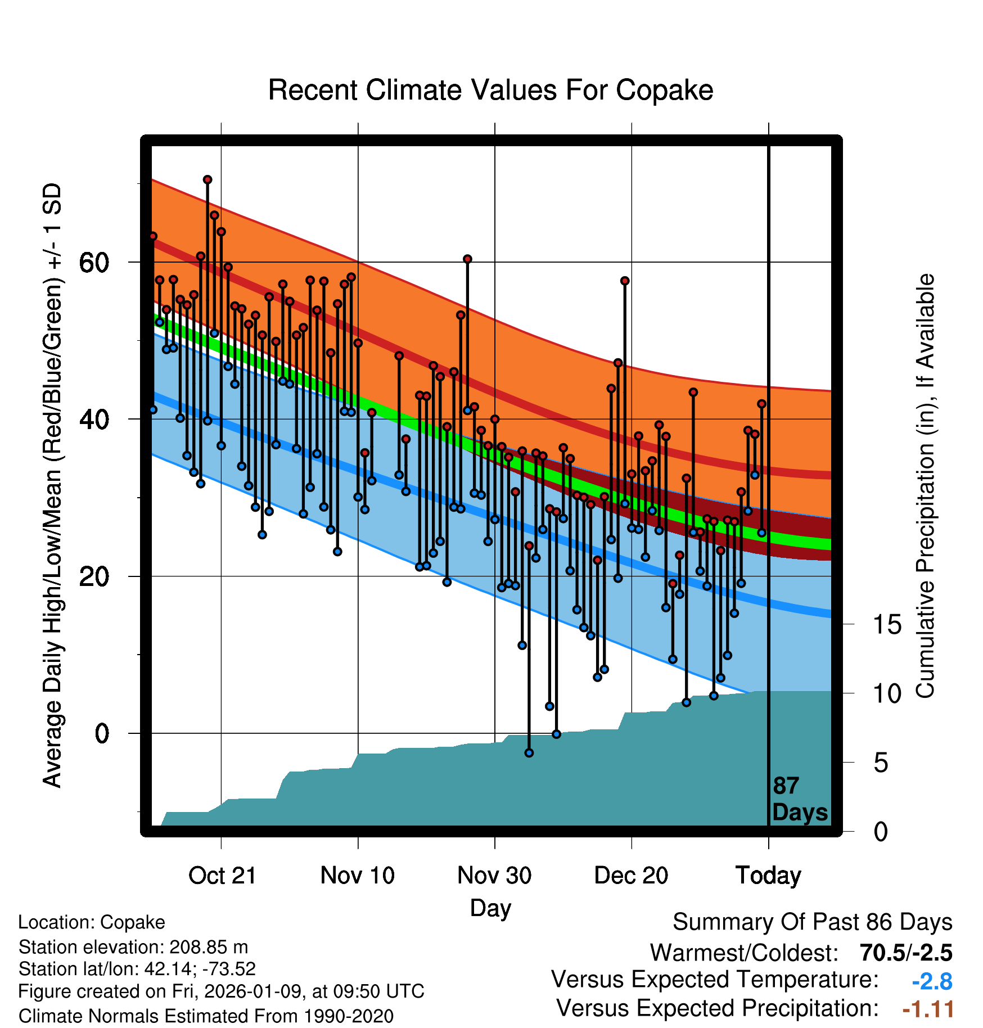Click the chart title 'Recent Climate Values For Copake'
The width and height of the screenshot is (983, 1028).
coord(490,90)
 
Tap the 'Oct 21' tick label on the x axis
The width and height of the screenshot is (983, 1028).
coord(222,876)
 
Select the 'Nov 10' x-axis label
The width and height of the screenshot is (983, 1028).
coord(358,876)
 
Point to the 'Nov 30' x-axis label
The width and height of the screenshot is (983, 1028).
coord(494,876)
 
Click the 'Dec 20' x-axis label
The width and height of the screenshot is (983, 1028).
coord(631,876)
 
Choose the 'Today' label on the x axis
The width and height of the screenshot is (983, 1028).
coord(768,876)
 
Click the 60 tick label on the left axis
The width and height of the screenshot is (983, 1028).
coord(94,262)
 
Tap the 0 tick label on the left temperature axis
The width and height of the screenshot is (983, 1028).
coord(102,733)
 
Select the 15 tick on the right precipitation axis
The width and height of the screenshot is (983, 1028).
coord(887,625)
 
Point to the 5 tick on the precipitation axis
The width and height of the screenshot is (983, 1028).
coord(881,763)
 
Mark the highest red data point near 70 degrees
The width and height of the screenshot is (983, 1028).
coord(208,180)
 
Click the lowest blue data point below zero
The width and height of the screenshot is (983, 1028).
coord(529,752)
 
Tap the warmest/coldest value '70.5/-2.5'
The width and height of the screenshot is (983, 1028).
coord(906,953)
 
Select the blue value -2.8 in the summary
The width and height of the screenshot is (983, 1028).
coord(932,981)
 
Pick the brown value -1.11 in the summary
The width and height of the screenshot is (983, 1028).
coord(928,1009)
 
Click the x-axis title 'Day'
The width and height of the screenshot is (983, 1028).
coord(490,908)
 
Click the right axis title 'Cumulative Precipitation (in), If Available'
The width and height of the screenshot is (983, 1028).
coord(925,486)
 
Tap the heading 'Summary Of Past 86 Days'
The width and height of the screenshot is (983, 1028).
coord(812,922)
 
